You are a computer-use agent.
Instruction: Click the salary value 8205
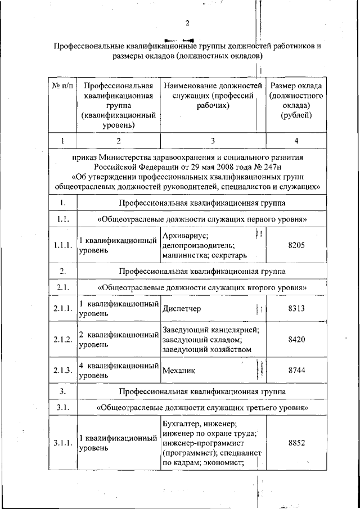(x=296, y=245)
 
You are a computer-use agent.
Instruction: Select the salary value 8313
(x=296, y=309)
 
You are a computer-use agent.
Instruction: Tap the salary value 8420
(x=296, y=340)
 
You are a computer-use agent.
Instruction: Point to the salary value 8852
(x=296, y=443)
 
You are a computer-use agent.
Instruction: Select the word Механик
(x=177, y=371)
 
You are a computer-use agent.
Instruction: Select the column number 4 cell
(x=296, y=140)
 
